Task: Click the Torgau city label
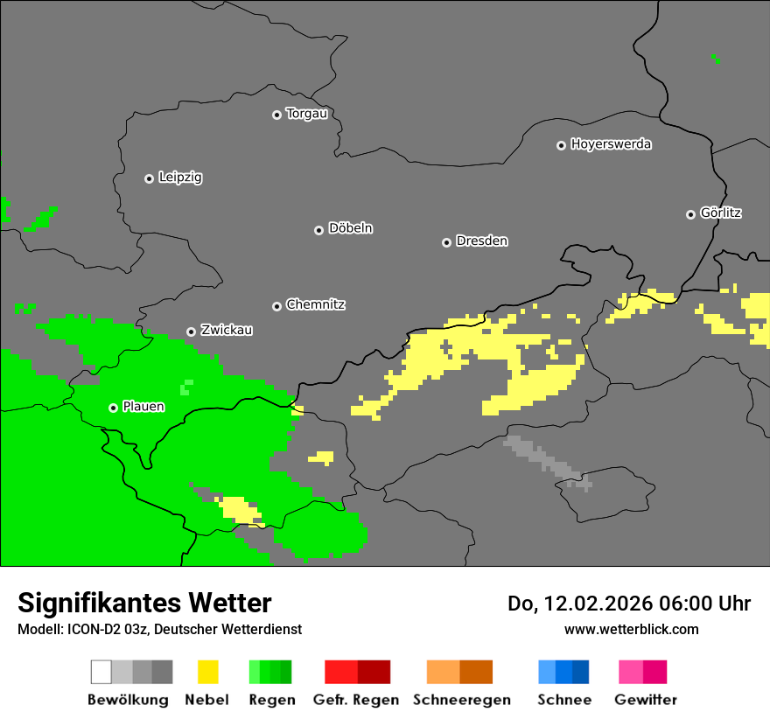point(306,114)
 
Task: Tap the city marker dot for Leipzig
point(149,178)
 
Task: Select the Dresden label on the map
point(481,241)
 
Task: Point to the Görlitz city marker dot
point(690,214)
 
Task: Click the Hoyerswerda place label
point(611,144)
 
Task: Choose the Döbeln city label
point(350,228)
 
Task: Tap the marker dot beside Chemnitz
point(276,306)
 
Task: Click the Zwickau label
point(227,331)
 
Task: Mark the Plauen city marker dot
point(113,408)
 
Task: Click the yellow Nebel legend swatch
point(207,672)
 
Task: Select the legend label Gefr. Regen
point(356,700)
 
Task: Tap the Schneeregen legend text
point(461,700)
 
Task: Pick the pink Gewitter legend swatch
point(631,672)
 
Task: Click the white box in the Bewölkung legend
point(101,672)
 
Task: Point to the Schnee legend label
point(563,700)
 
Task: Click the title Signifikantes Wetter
point(144,604)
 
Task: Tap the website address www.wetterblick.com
point(631,629)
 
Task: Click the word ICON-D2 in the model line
point(86,629)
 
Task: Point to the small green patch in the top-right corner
point(716,59)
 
